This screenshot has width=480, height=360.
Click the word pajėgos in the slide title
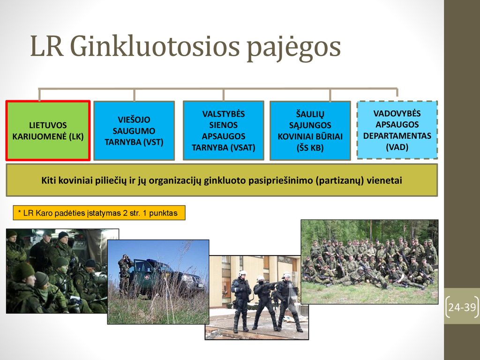click(293, 48)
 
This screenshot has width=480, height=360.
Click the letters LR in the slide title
click(47, 46)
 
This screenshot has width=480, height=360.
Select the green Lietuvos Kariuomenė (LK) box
click(48, 130)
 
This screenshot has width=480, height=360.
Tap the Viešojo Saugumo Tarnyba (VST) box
click(134, 131)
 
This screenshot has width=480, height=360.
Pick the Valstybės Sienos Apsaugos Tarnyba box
click(224, 130)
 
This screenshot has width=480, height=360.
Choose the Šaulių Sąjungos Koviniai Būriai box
click(310, 131)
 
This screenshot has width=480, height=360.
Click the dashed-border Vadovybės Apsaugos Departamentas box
click(397, 130)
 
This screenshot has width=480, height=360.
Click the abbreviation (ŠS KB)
click(310, 148)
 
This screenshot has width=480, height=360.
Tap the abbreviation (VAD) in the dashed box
click(397, 147)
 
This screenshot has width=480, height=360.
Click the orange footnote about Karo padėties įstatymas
click(99, 213)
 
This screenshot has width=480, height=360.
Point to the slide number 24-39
click(462, 307)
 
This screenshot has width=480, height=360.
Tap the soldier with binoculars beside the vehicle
click(125, 274)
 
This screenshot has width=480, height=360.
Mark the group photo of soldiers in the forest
click(369, 262)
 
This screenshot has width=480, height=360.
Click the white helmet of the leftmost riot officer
click(243, 273)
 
